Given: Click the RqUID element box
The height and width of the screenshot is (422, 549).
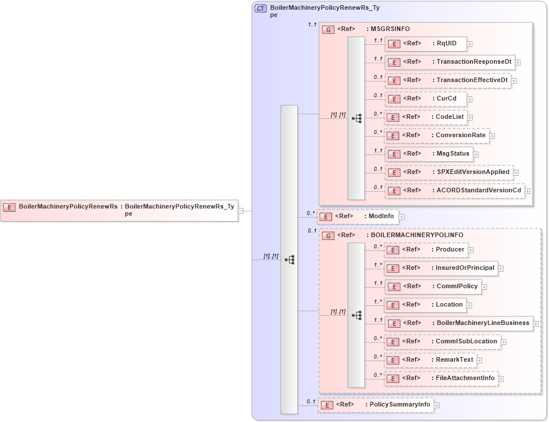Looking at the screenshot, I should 425,43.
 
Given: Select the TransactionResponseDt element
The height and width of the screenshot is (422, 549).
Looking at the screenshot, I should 449,61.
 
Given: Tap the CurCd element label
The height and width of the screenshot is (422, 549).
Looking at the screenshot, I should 446,98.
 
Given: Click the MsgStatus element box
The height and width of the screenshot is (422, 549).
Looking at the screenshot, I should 428,154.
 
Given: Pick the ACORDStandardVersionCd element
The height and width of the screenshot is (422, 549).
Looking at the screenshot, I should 454,191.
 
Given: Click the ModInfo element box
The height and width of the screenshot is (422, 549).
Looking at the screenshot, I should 357,216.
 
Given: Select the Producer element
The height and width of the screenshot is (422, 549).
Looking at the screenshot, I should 425,250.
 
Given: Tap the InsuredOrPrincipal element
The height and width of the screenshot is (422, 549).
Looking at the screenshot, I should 440,268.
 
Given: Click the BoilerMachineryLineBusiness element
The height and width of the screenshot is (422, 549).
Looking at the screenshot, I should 458,323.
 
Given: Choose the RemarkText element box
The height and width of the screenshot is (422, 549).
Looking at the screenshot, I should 430,360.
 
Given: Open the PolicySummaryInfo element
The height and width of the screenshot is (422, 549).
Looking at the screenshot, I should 375,405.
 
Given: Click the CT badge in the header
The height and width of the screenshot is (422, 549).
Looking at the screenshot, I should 260,9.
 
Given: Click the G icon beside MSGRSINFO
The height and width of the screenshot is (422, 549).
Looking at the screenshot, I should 328,29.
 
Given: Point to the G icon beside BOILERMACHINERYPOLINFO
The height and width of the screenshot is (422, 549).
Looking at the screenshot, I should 328,235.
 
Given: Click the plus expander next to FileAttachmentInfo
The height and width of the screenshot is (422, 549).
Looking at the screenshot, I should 501,379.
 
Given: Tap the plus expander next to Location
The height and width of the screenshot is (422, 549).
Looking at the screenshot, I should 469,305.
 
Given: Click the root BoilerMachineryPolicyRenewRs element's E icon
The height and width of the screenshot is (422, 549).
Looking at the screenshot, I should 9,207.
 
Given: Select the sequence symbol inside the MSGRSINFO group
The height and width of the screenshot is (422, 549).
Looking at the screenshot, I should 356,118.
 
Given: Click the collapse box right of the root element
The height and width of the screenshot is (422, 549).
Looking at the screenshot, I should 241,211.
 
